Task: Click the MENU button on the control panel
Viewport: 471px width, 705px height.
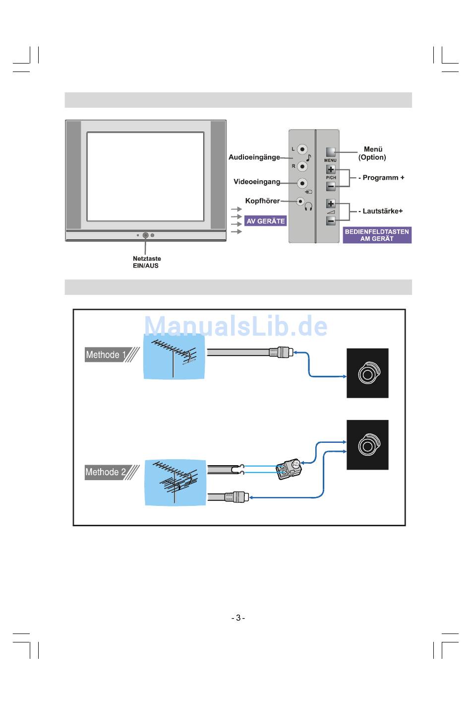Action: tap(331, 152)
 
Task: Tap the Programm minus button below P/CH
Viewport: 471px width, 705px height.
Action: tap(331, 187)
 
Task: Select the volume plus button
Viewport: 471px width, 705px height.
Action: tap(331, 204)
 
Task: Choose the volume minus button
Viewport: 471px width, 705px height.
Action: tap(331, 220)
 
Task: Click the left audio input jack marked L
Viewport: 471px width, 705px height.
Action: tap(302, 149)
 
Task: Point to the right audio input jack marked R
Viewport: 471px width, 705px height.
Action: tap(302, 166)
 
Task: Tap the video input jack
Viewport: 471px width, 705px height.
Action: tap(302, 183)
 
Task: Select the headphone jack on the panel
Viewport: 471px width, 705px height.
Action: tap(300, 201)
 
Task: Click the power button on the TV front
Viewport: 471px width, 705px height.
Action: tap(145, 235)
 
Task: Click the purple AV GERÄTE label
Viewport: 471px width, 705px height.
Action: tap(266, 221)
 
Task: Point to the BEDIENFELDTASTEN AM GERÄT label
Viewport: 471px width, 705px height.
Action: tap(377, 235)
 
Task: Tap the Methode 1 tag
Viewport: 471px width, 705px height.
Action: tap(106, 355)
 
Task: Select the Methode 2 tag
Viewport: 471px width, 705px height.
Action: tap(106, 472)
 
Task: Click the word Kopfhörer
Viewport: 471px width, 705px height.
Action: tap(262, 201)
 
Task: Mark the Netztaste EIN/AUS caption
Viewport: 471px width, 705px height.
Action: tap(146, 262)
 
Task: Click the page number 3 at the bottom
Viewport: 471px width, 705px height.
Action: tap(238, 618)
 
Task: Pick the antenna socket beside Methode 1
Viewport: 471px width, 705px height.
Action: tap(367, 373)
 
